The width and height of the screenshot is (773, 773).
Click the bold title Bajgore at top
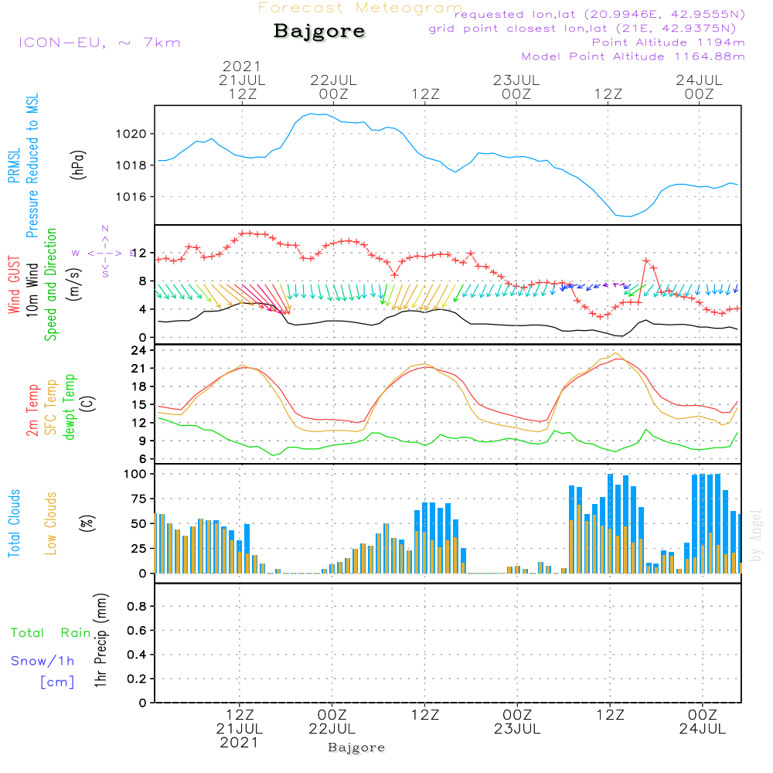pyautogui.click(x=318, y=32)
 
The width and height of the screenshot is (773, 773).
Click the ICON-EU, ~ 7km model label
pyautogui.click(x=99, y=43)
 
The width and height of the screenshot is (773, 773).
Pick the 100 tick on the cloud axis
pyautogui.click(x=136, y=473)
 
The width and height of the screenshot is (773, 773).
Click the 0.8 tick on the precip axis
pyautogui.click(x=136, y=607)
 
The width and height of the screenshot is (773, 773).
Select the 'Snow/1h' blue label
pyautogui.click(x=43, y=661)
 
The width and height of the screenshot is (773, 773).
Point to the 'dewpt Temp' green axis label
pyautogui.click(x=70, y=406)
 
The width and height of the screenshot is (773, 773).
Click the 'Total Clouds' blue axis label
pyautogui.click(x=14, y=523)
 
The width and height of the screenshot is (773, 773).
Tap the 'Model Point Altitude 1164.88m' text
pyautogui.click(x=633, y=56)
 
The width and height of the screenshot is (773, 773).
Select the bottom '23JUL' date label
pyautogui.click(x=516, y=728)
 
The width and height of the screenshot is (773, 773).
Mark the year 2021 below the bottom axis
pyautogui.click(x=239, y=742)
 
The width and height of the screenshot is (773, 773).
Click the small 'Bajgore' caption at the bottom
pyautogui.click(x=356, y=747)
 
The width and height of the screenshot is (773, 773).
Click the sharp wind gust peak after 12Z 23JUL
pyautogui.click(x=646, y=261)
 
